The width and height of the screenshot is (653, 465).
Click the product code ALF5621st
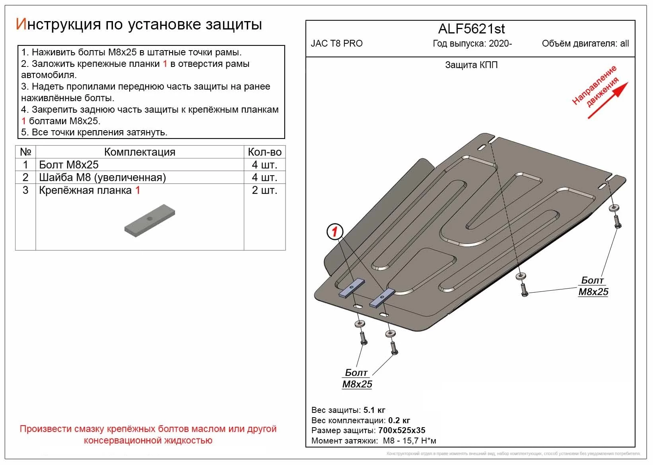[471, 29]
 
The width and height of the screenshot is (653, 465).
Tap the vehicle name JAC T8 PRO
[336, 43]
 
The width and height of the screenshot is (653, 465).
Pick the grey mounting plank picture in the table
[150, 221]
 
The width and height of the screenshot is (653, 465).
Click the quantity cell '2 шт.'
[264, 190]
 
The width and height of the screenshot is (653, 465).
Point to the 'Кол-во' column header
[264, 152]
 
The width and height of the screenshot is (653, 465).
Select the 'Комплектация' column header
[140, 152]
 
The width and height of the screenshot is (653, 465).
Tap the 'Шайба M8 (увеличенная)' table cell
[102, 178]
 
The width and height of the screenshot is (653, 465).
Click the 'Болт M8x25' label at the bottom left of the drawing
[357, 379]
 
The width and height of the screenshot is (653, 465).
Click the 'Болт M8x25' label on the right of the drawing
[593, 286]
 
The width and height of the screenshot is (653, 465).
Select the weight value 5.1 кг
[374, 410]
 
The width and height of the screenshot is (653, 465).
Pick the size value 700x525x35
[401, 430]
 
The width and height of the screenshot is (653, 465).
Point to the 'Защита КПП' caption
[471, 65]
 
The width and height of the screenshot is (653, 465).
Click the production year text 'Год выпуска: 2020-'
[472, 43]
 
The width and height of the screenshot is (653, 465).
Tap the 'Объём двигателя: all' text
[585, 43]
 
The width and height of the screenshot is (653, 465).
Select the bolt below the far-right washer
[617, 221]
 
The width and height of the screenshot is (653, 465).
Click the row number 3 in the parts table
[25, 190]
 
